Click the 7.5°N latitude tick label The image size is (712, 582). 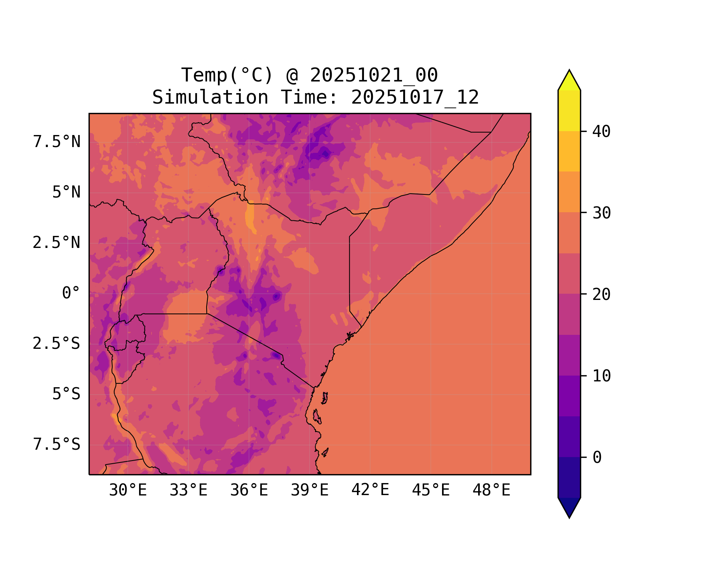(x=57, y=142)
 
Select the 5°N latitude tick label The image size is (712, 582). (x=66, y=192)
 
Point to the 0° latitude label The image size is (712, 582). (x=71, y=293)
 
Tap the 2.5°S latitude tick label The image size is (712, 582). (x=57, y=344)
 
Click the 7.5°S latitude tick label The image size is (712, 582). (x=57, y=445)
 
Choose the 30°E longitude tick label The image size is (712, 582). (x=128, y=490)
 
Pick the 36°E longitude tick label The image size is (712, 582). (x=249, y=490)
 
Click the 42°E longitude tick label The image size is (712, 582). (x=370, y=490)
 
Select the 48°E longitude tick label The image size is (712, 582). (x=491, y=490)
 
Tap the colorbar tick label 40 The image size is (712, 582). (x=602, y=132)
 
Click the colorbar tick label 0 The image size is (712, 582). (x=597, y=458)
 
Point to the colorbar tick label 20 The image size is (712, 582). (x=602, y=295)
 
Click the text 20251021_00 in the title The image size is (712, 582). (x=374, y=75)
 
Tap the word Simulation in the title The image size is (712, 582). (x=210, y=97)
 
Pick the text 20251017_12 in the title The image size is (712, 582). (x=415, y=97)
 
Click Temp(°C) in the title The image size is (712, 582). (x=227, y=75)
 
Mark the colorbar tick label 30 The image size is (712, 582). (x=602, y=213)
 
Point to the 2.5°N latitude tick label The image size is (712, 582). (x=57, y=243)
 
